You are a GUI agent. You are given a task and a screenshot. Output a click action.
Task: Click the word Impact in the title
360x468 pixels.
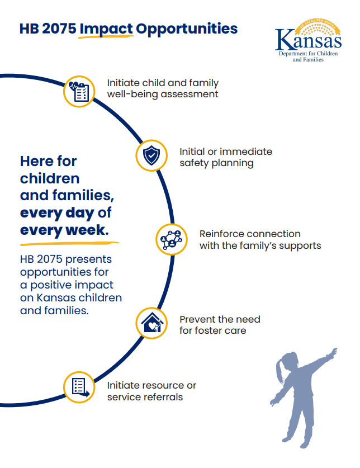coord(106,29)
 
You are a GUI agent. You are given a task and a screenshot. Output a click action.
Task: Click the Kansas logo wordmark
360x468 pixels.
coord(308,40)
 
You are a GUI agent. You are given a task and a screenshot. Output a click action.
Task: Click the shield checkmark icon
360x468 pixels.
coord(151,156)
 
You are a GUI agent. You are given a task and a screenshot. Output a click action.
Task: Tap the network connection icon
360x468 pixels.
coord(170,239)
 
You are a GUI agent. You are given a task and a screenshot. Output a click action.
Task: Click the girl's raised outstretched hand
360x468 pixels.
coord(333,352)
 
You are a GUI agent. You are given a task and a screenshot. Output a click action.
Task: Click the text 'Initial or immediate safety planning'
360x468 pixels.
coord(225,157)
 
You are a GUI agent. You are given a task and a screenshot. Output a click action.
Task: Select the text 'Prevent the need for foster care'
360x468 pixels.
coord(219,325)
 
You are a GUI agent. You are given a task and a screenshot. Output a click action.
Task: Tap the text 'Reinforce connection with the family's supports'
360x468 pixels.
coord(259,239)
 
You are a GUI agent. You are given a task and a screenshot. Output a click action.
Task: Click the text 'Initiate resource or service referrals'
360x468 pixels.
coord(151,391)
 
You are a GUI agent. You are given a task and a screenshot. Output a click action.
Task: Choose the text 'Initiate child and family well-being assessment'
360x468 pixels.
coord(163,88)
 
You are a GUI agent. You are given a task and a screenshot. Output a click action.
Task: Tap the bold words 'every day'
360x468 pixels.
coord(57,212)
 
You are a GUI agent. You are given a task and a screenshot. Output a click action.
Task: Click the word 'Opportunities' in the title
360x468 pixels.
coord(187,29)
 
